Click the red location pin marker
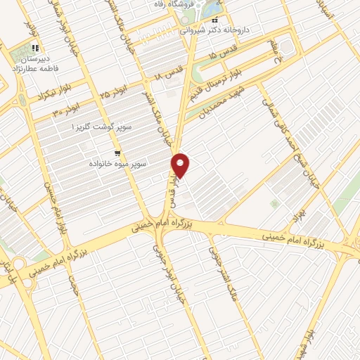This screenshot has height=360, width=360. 181,165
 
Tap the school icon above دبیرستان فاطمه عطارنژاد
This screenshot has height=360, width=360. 34,48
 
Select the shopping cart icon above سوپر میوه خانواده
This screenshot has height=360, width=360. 117,153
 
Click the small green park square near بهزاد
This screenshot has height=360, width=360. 274,204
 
